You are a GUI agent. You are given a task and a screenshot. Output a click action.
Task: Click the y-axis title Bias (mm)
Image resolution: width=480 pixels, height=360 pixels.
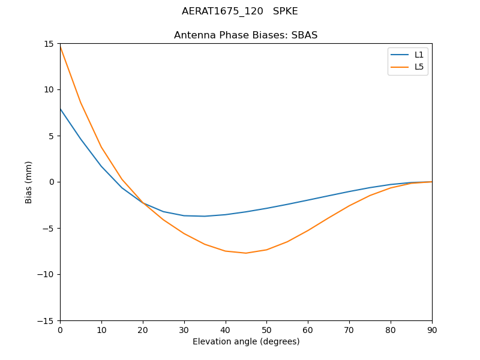[29, 182]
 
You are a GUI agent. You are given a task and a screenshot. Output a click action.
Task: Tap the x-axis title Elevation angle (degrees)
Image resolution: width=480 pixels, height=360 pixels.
[246, 341]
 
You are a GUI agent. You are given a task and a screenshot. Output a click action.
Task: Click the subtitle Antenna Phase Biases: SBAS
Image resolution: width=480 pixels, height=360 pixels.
[246, 35]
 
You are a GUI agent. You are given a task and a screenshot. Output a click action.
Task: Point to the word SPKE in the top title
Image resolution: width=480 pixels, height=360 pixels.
[286, 11]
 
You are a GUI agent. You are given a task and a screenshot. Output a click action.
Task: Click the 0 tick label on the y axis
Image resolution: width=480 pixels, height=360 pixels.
[52, 182]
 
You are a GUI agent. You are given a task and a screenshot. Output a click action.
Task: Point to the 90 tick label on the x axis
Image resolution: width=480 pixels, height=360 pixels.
[432, 329]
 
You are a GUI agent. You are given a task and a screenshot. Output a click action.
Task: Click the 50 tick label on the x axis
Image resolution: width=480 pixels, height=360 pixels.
[266, 329]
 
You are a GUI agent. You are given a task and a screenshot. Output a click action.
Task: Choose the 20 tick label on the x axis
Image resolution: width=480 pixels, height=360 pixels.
[143, 329]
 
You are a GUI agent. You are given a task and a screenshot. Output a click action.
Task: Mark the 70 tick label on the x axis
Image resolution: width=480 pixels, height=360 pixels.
[349, 329]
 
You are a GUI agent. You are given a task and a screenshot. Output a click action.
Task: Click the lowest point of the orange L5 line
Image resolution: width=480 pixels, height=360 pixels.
[245, 253]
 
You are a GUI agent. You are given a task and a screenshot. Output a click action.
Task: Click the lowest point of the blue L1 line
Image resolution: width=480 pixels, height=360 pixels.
[205, 216]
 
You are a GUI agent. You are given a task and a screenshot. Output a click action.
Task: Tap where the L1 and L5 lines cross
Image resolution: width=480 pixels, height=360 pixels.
[143, 203]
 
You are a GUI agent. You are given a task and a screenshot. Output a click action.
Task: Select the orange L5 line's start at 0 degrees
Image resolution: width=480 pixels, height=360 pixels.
[60, 46]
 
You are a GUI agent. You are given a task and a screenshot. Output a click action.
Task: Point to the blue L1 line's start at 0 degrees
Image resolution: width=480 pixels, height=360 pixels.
[60, 109]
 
